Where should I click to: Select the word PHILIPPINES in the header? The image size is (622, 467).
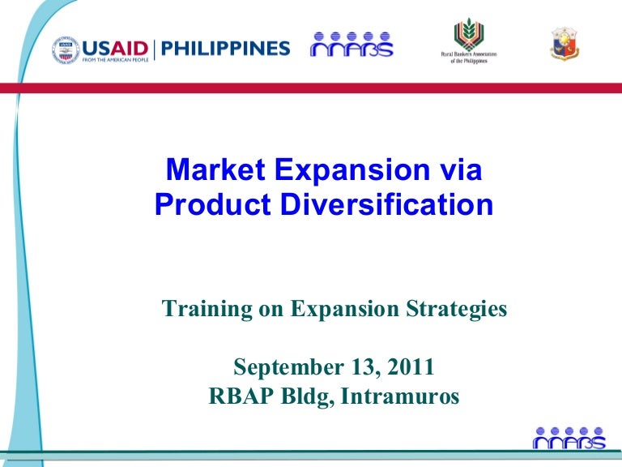click(x=225, y=48)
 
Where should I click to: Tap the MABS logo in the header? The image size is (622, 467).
click(x=351, y=46)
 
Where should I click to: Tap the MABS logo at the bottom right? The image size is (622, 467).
click(x=569, y=438)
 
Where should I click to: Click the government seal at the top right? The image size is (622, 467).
click(x=564, y=45)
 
